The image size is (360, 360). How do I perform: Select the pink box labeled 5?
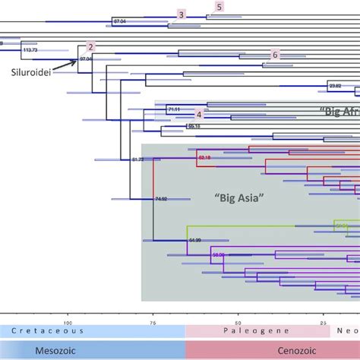[x=219, y=7]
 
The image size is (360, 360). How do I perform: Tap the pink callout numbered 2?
[x=91, y=47]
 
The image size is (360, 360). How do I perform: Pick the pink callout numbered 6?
[x=276, y=55]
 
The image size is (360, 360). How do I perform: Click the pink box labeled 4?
[x=199, y=114]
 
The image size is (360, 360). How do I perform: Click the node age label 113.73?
[x=31, y=49]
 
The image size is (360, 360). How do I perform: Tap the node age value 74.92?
[x=161, y=198]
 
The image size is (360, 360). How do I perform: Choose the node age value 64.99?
[x=194, y=240]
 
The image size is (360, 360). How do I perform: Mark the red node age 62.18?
[x=204, y=157]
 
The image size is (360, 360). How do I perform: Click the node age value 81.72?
[x=137, y=159]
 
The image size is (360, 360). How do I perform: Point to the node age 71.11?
[x=174, y=110]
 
